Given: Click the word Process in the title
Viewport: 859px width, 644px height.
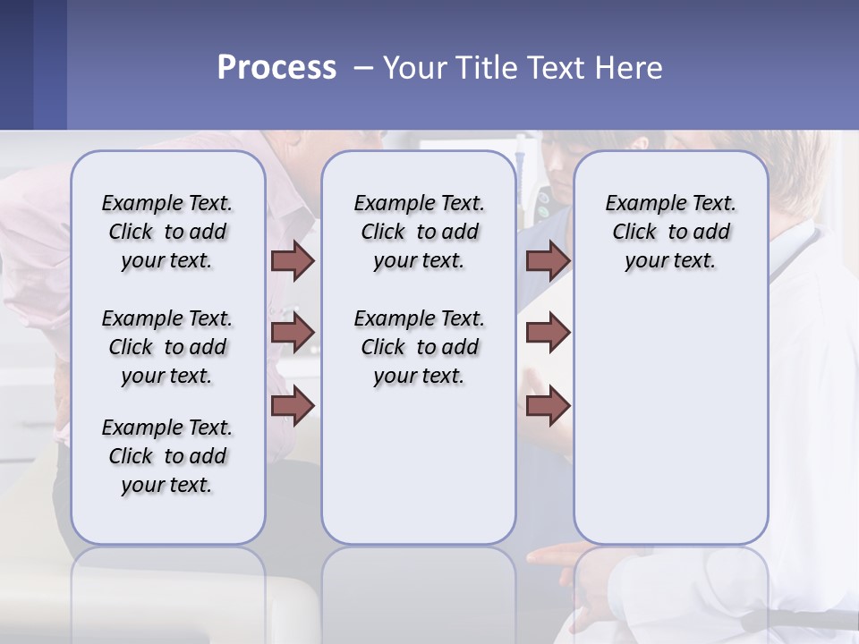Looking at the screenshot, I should (x=276, y=68).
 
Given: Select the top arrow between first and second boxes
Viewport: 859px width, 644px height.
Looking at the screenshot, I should (x=293, y=261).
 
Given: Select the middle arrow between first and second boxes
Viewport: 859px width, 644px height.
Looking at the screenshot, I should (x=293, y=333).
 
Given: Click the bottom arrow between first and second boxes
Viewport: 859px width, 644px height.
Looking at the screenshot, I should (x=293, y=405).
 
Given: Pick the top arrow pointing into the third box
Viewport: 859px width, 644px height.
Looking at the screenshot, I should (x=548, y=261).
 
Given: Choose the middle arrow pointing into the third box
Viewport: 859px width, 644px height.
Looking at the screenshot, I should (x=548, y=333).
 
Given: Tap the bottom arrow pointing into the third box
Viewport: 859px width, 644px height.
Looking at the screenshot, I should (x=548, y=405).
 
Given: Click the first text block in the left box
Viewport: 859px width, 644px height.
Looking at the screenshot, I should (x=167, y=232).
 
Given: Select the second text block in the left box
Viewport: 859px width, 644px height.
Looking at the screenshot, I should (x=167, y=347).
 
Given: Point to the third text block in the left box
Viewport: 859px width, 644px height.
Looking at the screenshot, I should (x=167, y=456).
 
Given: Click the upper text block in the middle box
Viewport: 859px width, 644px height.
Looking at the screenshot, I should (x=419, y=232).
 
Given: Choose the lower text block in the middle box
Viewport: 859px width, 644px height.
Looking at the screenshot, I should (x=419, y=347).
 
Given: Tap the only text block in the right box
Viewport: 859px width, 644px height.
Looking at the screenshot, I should (x=670, y=232).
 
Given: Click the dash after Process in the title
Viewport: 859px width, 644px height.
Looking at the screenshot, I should (x=363, y=68).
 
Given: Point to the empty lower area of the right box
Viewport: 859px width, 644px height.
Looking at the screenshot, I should (x=670, y=420).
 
